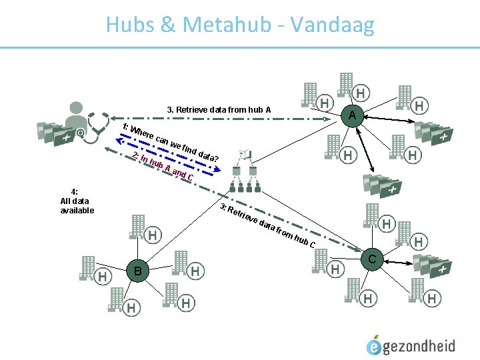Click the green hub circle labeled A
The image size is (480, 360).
coord(352,116)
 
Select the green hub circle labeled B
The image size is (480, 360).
coord(137,271)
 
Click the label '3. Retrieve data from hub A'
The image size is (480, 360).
coord(219,109)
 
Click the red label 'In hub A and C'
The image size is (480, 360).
coord(164,167)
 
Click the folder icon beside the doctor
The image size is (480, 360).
coord(53,134)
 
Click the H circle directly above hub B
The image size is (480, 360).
coord(153,235)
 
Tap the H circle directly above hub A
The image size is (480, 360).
coord(361,93)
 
